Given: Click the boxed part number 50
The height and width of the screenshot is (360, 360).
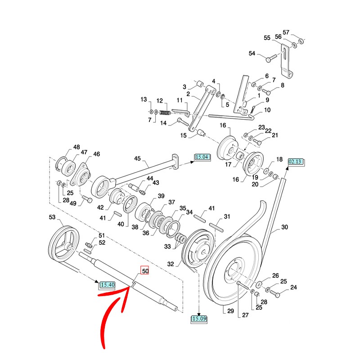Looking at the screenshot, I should (x=145, y=271).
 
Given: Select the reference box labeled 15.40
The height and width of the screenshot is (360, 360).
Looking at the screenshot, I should (x=108, y=284).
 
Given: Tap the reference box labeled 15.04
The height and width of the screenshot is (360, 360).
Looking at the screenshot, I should (x=202, y=157).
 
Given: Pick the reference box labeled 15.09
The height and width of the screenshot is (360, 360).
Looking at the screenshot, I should (x=199, y=319).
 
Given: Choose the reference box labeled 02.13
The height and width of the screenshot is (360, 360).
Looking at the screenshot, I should (x=296, y=161).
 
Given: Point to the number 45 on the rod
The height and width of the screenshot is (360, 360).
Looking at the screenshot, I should (x=138, y=158).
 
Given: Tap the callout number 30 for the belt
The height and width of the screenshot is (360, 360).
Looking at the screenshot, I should (x=284, y=228).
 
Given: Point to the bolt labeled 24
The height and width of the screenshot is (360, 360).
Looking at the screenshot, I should (x=275, y=295).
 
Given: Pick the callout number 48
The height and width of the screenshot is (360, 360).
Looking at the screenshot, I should (x=76, y=147).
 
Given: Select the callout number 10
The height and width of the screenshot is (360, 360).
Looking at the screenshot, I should (x=267, y=110).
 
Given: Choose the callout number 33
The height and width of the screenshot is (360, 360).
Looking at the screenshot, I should (x=168, y=246).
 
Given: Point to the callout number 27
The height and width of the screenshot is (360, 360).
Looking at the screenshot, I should (x=245, y=315).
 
